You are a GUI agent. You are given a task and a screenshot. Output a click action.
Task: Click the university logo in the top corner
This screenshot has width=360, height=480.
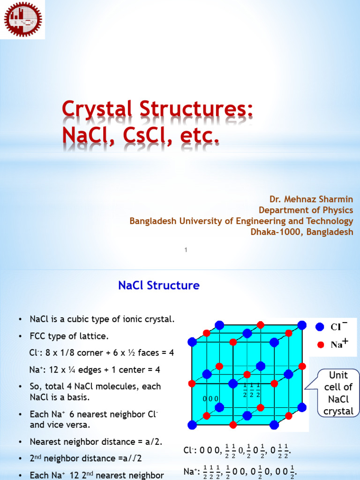(22, 20)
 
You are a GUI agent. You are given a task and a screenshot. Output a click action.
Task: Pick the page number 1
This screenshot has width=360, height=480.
(186, 250)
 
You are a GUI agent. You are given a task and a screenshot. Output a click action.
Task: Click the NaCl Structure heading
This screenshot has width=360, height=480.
(158, 285)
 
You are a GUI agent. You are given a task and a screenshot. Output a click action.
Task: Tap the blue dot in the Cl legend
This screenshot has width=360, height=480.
(320, 327)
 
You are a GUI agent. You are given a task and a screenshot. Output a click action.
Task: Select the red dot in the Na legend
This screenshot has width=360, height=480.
(320, 345)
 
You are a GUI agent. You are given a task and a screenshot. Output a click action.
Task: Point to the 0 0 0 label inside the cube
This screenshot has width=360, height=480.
(210, 398)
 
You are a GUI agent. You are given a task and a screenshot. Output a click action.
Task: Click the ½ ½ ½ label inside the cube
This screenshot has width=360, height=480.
(252, 390)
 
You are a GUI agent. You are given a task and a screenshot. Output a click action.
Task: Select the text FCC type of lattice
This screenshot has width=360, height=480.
(70, 336)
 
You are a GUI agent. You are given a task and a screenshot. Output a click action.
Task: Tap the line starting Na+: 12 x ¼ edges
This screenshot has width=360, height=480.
(95, 370)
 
